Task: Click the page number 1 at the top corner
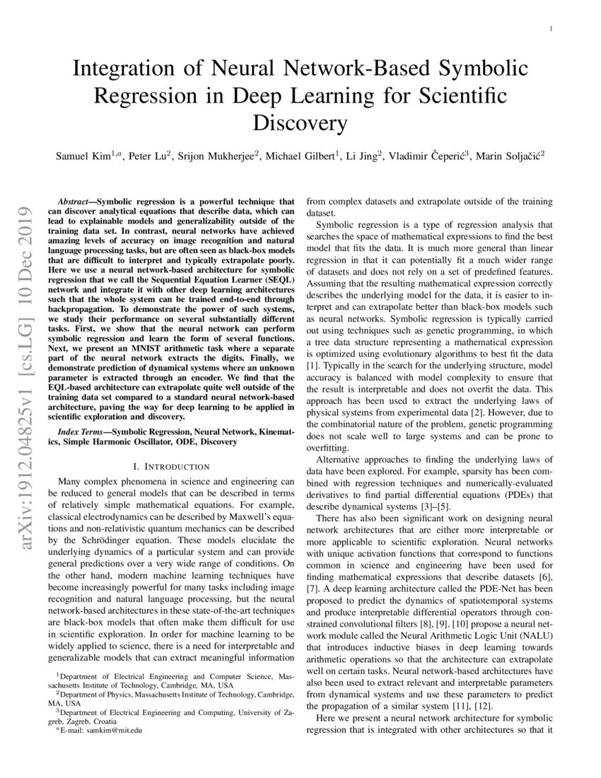[551, 29]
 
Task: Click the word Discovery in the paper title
[300, 123]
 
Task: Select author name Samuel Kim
[82, 155]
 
